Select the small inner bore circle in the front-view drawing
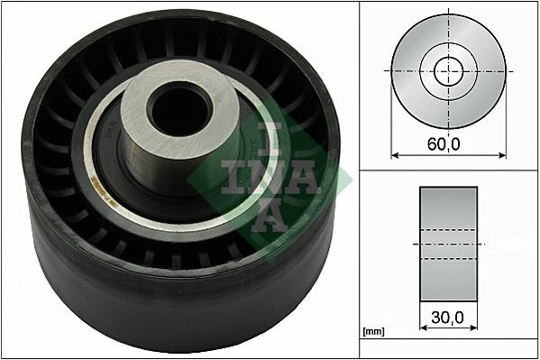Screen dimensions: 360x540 pos(446,70)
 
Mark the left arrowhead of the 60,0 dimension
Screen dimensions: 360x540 pos(394,154)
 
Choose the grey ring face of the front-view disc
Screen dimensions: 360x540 pos(415,90)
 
